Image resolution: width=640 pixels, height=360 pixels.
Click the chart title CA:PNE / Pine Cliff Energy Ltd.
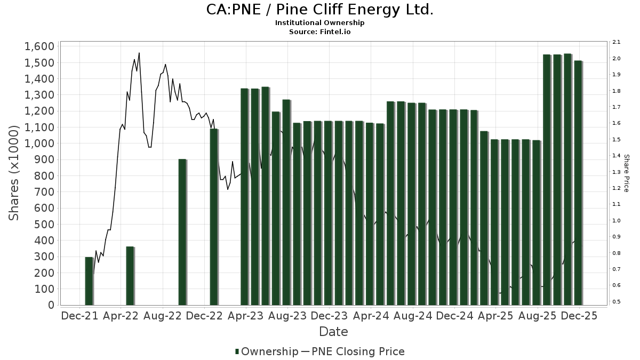click(319, 10)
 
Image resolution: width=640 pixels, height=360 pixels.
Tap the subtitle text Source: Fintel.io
click(319, 31)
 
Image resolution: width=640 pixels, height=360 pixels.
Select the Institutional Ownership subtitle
click(319, 23)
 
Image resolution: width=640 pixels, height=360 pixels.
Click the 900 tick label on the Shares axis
click(44, 159)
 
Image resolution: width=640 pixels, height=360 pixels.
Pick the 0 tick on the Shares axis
click(51, 305)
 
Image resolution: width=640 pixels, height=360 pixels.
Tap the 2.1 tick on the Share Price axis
click(615, 42)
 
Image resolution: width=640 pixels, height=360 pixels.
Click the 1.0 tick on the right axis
click(615, 220)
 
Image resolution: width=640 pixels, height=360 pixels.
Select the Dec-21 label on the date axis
click(80, 316)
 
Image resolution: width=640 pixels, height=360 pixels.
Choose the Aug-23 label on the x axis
click(287, 316)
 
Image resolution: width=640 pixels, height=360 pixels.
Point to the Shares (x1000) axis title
click(14, 173)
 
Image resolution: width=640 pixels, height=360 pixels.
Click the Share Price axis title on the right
click(626, 173)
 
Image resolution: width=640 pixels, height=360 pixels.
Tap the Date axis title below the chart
click(333, 332)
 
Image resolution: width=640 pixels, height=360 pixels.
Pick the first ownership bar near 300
click(89, 281)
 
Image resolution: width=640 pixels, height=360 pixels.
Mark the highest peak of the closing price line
click(139, 53)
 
